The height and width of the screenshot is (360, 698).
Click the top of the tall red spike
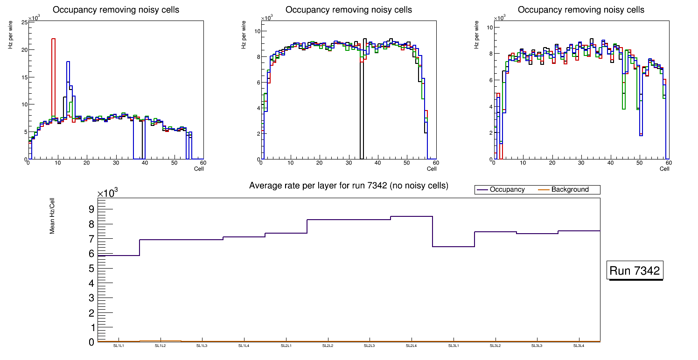pos(53,39)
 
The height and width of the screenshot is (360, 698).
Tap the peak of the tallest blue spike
pos(68,62)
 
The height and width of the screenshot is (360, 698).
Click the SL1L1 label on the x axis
pos(119,346)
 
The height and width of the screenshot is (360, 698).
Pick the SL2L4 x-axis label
pos(411,346)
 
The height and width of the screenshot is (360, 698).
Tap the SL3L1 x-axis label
pos(453,346)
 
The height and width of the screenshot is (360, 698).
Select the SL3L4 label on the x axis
pos(579,346)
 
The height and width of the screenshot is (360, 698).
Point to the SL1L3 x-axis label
pos(202,346)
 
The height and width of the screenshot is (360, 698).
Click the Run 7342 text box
pos(635,271)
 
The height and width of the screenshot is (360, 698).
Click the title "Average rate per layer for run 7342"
pos(349,186)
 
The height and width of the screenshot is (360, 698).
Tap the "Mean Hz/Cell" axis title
pos(53,215)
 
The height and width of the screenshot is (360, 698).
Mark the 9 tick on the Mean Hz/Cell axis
pos(91,209)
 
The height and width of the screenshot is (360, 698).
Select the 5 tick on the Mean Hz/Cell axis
pos(91,269)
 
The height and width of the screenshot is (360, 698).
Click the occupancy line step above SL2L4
pos(412,216)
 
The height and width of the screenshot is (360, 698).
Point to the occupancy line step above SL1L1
pos(119,256)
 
